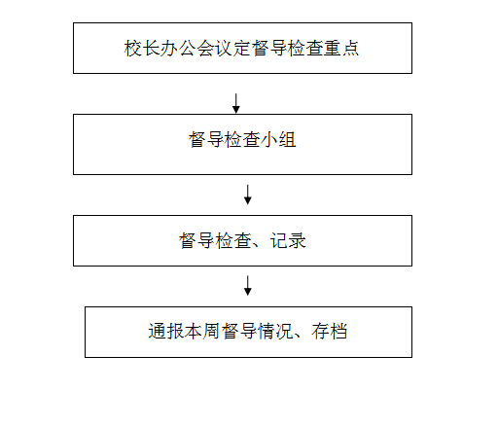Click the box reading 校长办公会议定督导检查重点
[242, 48]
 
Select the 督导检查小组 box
[242, 144]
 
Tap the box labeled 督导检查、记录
[242, 240]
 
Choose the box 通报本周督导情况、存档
[248, 332]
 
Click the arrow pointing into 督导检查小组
[236, 103]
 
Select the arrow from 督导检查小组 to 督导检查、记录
[248, 195]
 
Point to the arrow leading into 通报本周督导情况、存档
[248, 286]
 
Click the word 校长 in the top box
[142, 48]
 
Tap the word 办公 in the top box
[178, 48]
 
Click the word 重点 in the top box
[341, 48]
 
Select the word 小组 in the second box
[278, 140]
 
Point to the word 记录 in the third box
[288, 240]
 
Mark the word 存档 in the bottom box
[330, 332]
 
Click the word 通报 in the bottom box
[166, 332]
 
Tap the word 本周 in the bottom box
[202, 332]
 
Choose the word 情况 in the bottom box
[275, 332]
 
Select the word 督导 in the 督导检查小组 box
[206, 140]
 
